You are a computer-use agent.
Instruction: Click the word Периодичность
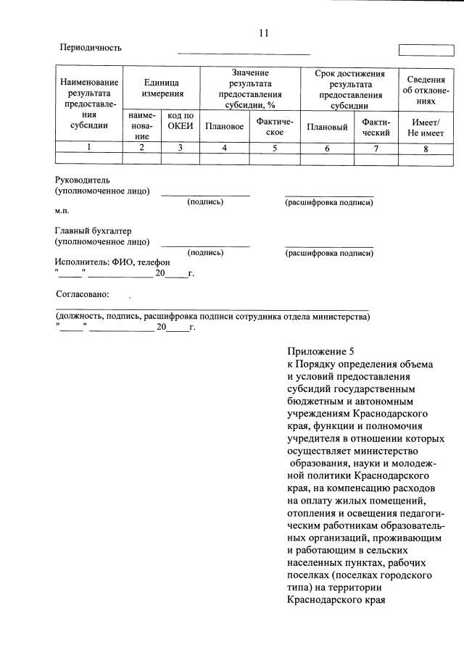coord(91,48)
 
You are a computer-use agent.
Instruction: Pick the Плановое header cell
coord(224,127)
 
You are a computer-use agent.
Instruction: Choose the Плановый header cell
coord(327,127)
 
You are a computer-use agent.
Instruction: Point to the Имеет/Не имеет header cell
coord(426,127)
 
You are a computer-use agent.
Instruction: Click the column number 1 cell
coord(89,148)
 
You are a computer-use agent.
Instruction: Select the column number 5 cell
coord(274,148)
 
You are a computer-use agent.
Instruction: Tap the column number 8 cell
coord(426,148)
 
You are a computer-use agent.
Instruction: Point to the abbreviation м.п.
coord(62,211)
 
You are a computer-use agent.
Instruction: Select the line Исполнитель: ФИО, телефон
coord(112,262)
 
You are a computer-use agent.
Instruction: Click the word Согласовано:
coord(83,295)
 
